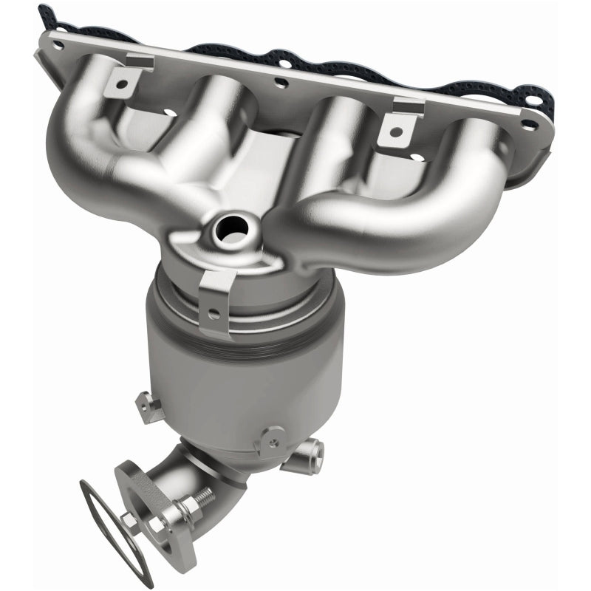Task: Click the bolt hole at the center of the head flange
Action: [281, 83]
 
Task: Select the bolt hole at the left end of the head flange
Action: [57, 43]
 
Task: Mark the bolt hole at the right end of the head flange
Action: [527, 124]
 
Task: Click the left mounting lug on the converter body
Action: [148, 406]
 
